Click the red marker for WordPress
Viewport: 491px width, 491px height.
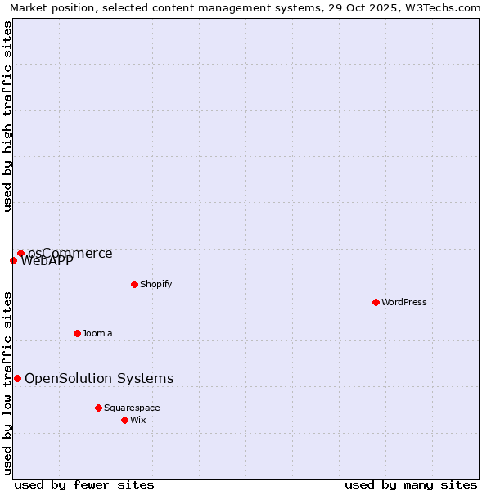376,302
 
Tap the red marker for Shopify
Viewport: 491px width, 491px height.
134,284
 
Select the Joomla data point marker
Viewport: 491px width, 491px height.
77,333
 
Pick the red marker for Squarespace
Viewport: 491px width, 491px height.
98,408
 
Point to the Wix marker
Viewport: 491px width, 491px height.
124,420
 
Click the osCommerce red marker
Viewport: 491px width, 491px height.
20,254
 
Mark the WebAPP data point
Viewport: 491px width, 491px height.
13,261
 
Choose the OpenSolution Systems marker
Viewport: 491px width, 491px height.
17,378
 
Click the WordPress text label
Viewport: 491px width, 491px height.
404,302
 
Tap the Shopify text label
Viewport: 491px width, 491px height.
155,284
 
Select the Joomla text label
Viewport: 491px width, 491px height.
97,333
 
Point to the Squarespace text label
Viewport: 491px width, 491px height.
132,408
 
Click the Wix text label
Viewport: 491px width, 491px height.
137,420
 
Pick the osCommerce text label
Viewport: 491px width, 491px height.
70,254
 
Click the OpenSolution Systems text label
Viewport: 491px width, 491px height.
99,378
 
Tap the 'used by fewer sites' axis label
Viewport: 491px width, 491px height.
84,484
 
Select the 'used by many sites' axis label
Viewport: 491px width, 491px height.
411,484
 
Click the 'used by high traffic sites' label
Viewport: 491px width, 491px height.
7,116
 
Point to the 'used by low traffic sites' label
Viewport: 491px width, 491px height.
7,382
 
